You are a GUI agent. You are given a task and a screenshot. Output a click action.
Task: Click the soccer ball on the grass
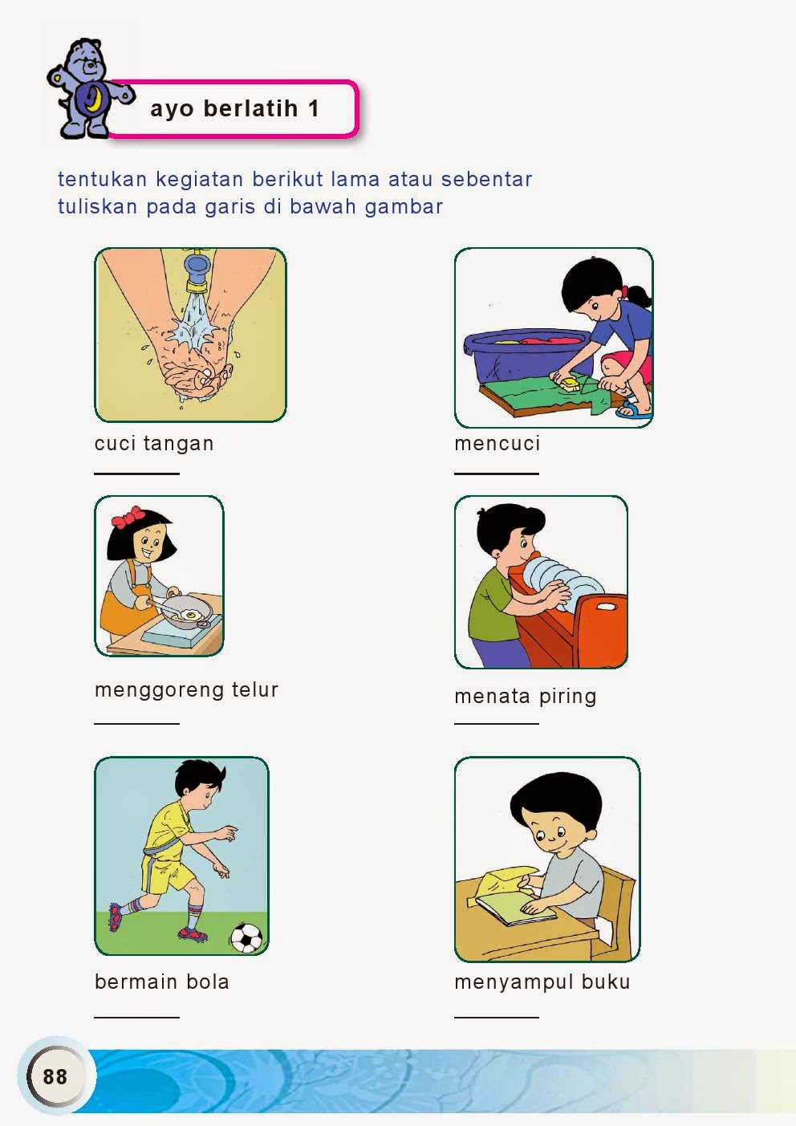pyautogui.click(x=246, y=937)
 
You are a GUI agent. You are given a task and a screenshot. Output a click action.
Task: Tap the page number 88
pyautogui.click(x=55, y=1077)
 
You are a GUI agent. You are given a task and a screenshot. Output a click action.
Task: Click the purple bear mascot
pyautogui.click(x=88, y=88)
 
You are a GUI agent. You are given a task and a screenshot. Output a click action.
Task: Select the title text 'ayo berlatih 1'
pyautogui.click(x=234, y=108)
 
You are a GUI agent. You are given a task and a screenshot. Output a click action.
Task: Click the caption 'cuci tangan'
pyautogui.click(x=154, y=443)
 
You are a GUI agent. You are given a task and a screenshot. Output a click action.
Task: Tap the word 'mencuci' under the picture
pyautogui.click(x=497, y=443)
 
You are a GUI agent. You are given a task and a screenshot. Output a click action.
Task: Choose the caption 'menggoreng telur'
pyautogui.click(x=186, y=690)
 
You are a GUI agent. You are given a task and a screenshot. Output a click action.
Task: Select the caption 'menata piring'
pyautogui.click(x=525, y=697)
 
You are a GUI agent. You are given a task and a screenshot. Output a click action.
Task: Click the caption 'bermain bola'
pyautogui.click(x=162, y=982)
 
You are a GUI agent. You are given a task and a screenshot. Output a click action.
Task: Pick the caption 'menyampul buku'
pyautogui.click(x=542, y=982)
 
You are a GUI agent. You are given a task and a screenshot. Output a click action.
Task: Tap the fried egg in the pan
pyautogui.click(x=192, y=614)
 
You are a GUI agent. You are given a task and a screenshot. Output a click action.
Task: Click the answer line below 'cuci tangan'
pyautogui.click(x=136, y=474)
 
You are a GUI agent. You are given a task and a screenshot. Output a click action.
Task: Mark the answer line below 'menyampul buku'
pyautogui.click(x=497, y=1018)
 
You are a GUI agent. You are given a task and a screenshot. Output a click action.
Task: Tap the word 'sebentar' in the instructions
pyautogui.click(x=486, y=180)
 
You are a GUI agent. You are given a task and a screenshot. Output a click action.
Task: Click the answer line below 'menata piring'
pyautogui.click(x=497, y=724)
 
